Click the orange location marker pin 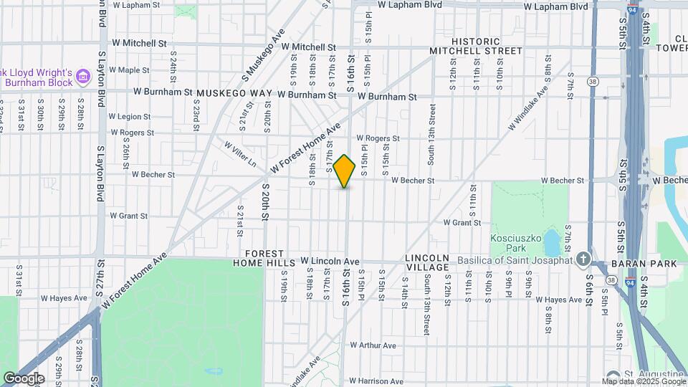point(345,171)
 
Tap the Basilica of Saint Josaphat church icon point(584,259)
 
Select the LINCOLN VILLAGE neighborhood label point(427,262)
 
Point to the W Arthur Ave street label point(373,345)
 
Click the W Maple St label point(128,70)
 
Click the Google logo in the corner point(23,378)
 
